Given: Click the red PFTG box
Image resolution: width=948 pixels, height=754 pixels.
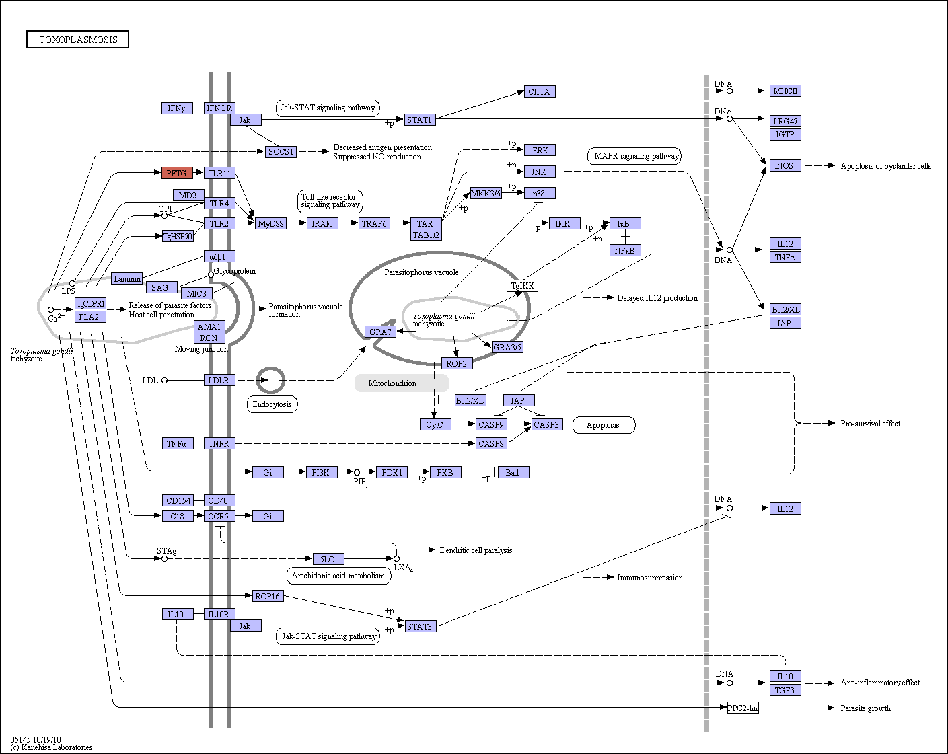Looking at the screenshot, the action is (177, 173).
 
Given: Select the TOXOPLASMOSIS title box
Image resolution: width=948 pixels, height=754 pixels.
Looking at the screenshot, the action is (77, 39).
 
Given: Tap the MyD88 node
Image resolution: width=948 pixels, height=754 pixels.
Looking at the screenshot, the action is (270, 224).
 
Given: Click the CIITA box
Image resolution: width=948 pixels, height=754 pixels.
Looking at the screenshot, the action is (540, 91).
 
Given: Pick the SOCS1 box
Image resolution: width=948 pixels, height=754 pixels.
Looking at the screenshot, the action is (281, 152).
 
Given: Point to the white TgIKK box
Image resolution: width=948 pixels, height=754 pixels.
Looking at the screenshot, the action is (523, 286).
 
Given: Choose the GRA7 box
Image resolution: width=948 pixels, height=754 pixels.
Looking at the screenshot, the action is (380, 332).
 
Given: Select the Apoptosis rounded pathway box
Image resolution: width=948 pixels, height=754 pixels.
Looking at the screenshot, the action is (604, 425).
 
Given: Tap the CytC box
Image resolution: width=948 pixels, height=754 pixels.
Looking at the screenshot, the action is (435, 425).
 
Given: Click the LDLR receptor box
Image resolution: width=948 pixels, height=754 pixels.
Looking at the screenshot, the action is (219, 380).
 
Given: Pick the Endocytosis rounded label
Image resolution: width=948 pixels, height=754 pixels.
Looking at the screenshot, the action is (272, 404).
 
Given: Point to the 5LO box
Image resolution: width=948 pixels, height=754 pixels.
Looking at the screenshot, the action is (328, 559).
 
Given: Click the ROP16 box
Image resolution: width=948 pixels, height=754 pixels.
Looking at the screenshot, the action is (268, 596).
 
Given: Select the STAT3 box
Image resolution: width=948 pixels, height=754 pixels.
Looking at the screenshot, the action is (421, 626).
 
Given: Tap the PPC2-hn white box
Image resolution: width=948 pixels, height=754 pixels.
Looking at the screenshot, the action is (743, 708).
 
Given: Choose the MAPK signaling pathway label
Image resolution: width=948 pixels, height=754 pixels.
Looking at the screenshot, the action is (634, 156).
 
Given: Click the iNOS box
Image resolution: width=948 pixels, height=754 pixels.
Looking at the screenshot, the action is (785, 165).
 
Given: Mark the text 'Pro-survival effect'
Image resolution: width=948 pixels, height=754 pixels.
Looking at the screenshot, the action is (871, 424).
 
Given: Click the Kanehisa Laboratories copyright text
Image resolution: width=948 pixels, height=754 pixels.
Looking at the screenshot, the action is (52, 747).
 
